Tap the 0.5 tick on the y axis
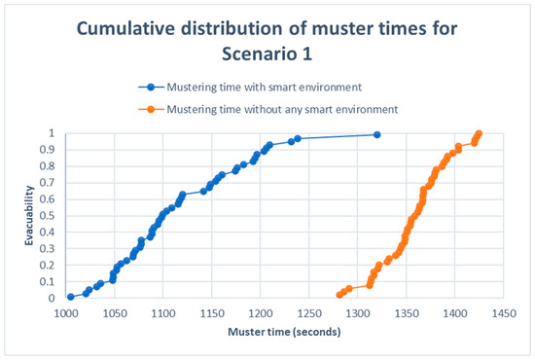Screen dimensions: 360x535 (51, 216)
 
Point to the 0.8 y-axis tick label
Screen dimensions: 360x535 (51, 166)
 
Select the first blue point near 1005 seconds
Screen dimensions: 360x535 (70, 297)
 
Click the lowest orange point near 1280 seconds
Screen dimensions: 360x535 (339, 295)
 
